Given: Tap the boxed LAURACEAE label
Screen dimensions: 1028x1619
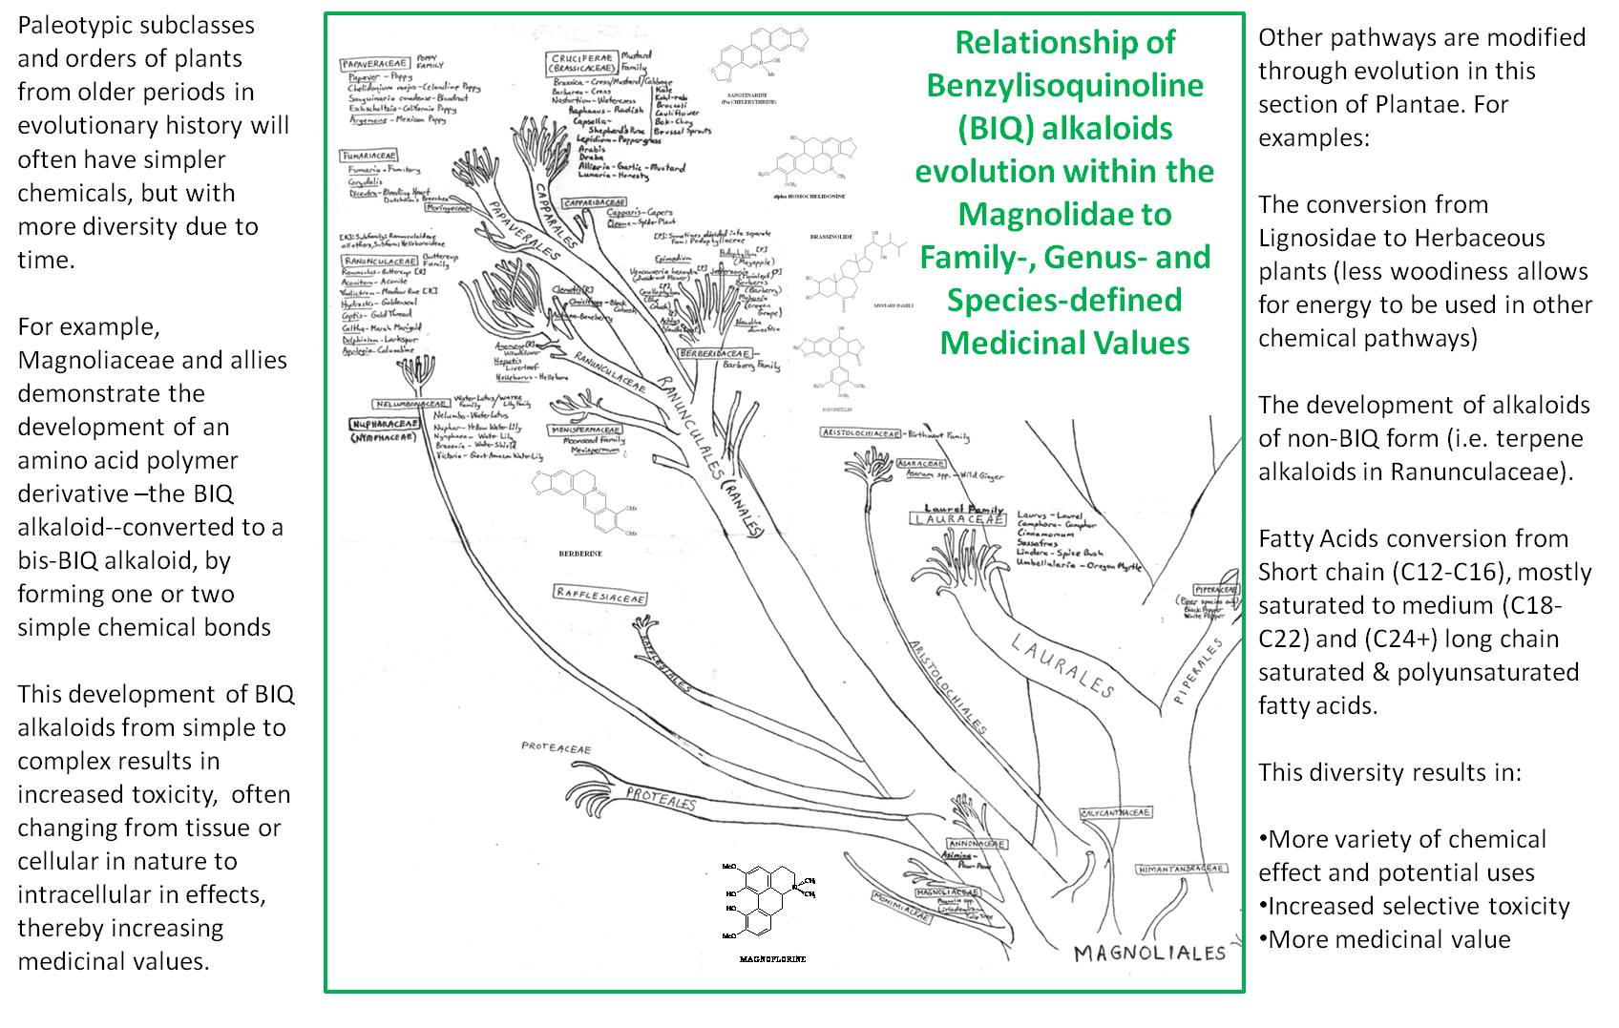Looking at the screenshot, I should tap(957, 519).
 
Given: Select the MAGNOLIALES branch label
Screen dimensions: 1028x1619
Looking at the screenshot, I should tap(1148, 952).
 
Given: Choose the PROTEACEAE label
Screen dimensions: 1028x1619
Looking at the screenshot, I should tap(556, 748).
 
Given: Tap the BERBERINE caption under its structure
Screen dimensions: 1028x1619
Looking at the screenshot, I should tap(579, 553).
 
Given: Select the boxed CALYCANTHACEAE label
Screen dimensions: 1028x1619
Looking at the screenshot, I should tap(1116, 813).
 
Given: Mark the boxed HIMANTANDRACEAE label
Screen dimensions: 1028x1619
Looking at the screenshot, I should tap(1181, 869).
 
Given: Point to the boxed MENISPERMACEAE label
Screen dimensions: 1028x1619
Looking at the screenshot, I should tap(585, 430).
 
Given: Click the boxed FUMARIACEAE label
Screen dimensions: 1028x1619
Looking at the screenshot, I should tap(368, 155).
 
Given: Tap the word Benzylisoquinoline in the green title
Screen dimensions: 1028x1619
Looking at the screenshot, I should tap(1064, 85).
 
